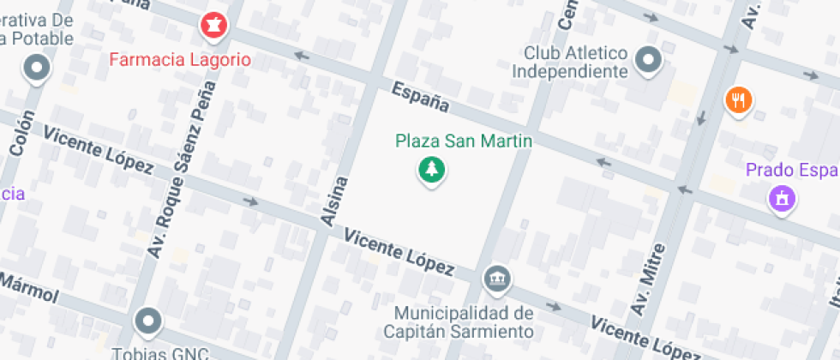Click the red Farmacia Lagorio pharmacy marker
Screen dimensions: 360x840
point(213,27)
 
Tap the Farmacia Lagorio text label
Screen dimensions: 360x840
point(180,60)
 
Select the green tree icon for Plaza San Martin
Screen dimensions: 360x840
point(432,170)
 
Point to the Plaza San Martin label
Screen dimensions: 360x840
point(464,141)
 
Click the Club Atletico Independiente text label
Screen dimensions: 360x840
point(570,62)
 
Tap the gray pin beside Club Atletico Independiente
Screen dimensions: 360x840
point(649,61)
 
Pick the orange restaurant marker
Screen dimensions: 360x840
point(738,101)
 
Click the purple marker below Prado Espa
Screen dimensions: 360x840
point(781,200)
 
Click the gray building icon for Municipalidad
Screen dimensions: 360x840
point(496,278)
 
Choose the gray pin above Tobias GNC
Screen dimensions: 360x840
point(149,321)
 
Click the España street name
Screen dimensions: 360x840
point(420,96)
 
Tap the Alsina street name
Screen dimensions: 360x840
point(335,202)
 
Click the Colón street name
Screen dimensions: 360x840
point(22,133)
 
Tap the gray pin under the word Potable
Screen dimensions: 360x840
point(37,69)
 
